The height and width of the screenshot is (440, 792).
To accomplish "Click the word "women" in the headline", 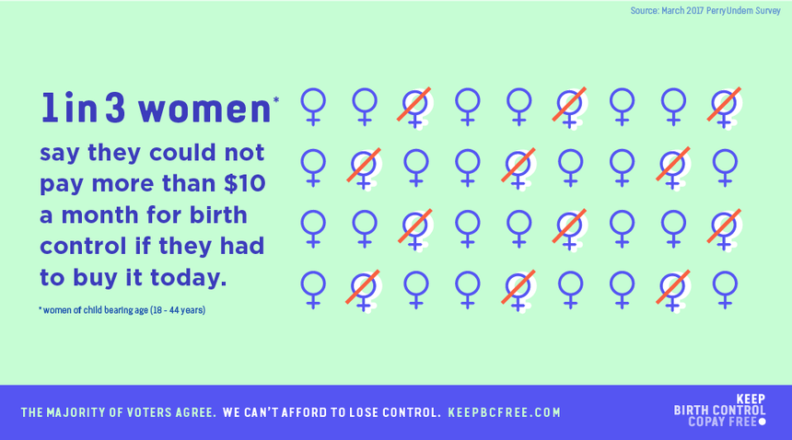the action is point(205,109).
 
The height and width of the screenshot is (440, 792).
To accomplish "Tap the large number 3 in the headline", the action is point(115,107).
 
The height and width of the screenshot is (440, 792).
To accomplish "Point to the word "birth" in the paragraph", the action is point(218,215).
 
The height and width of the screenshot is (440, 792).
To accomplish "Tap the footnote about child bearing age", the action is point(122,310).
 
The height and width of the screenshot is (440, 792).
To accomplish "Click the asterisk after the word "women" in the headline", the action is point(275,99).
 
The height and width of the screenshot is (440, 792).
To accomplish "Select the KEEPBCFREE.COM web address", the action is point(504,412).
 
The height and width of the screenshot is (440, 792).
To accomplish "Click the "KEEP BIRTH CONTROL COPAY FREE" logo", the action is point(720,411).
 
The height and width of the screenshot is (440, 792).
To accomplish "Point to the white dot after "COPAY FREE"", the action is point(763,422).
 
